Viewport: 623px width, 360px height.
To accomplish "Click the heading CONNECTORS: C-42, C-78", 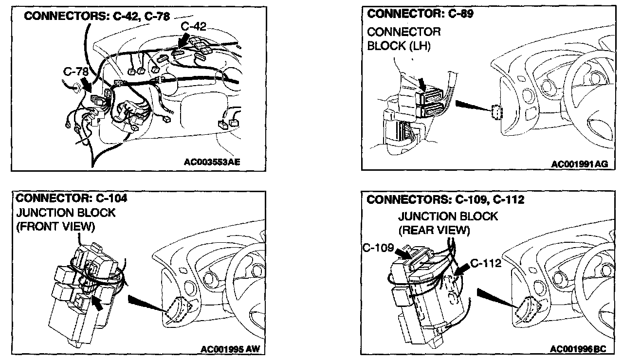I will [x=97, y=17].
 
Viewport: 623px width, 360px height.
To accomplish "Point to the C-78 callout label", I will [x=76, y=72].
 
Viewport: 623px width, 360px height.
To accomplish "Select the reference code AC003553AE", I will [x=212, y=162].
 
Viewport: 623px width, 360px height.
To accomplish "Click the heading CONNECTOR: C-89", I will [x=420, y=14].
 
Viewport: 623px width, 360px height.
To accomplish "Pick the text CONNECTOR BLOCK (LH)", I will [x=404, y=39].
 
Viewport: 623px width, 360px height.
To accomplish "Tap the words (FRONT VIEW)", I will [x=55, y=227].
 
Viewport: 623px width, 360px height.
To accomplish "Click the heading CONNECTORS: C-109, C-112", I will [x=445, y=200].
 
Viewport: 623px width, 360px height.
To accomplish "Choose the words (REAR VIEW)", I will [x=434, y=231].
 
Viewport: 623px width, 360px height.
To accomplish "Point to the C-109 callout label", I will [x=378, y=248].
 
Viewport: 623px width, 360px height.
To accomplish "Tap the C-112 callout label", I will [x=486, y=264].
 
